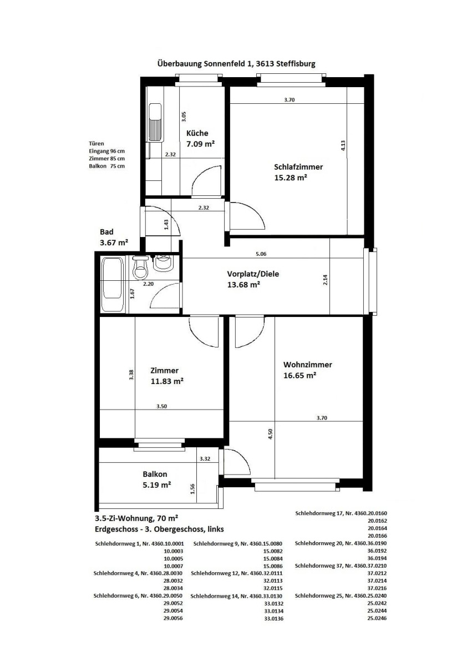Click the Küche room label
point(197,133)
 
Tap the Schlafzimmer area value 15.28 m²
point(291,178)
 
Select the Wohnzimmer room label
point(307,365)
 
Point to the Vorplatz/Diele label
point(253,274)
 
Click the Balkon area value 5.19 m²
point(156,485)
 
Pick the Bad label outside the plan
point(106,232)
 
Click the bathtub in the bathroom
point(113,285)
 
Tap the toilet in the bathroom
point(140,268)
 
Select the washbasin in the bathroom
point(164,262)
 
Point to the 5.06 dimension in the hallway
point(261,254)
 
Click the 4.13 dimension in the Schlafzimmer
point(343,145)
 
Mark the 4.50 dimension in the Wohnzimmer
point(270,434)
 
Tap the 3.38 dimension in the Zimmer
point(131,375)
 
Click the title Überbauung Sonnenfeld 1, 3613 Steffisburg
point(236,64)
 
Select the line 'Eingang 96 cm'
point(107,151)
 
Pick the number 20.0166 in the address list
point(377,536)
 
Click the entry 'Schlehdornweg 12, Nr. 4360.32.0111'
point(237,573)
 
